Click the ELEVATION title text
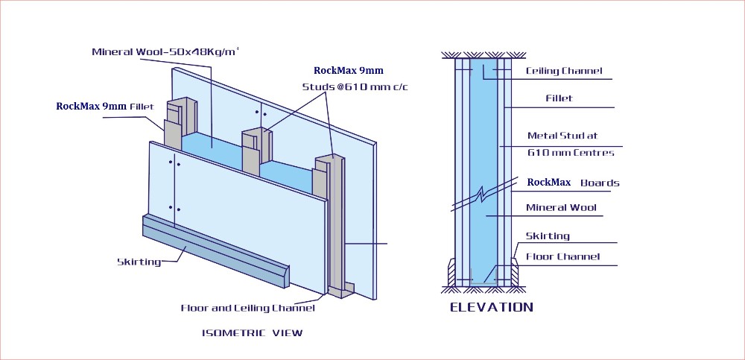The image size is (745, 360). (491, 307)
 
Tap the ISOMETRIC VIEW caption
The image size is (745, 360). (253, 332)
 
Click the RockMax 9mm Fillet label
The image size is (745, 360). (104, 107)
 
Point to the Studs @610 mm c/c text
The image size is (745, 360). (355, 87)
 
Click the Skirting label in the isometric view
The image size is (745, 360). (139, 262)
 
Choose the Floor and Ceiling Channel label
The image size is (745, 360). (247, 308)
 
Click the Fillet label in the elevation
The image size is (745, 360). (559, 98)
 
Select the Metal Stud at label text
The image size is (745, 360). (562, 136)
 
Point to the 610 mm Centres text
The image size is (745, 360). (571, 153)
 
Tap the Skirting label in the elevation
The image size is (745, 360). (548, 236)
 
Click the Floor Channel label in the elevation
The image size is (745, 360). (562, 257)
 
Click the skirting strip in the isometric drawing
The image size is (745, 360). (216, 250)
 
